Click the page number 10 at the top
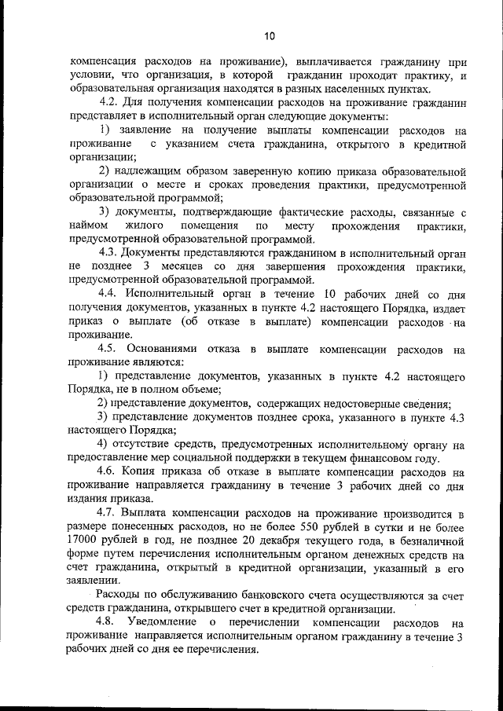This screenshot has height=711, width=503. pyautogui.click(x=270, y=36)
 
